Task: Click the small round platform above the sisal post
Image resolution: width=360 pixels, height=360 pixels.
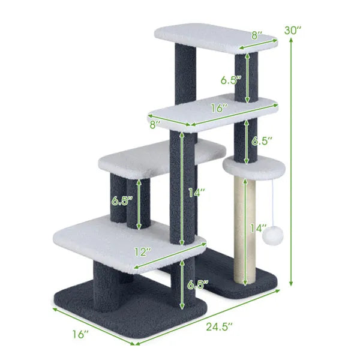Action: click(248, 166)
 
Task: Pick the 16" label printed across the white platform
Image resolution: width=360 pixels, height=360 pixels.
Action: click(220, 109)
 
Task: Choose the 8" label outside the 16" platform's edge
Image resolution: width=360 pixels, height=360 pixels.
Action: click(155, 125)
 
